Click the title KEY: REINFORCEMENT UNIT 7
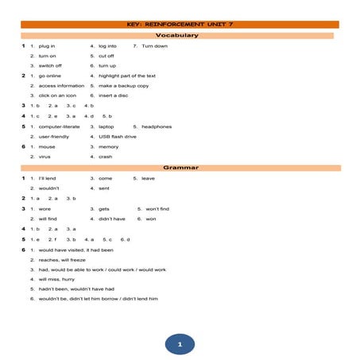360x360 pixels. point(181,25)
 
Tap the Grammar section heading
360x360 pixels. point(180,168)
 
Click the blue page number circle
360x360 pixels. point(180,343)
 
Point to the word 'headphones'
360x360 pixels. point(157,126)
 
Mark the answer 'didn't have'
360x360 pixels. point(112,219)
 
